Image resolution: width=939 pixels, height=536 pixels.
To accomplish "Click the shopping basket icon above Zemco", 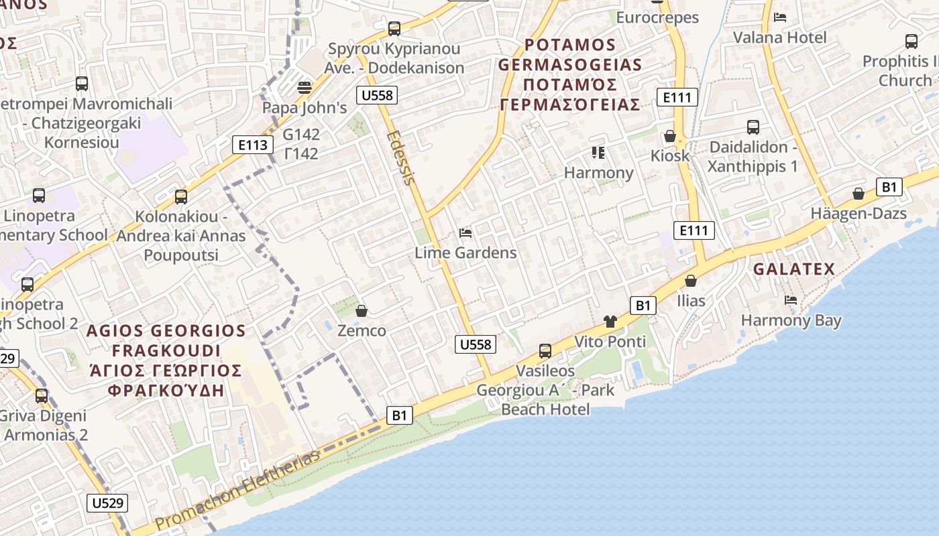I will [x=362, y=311].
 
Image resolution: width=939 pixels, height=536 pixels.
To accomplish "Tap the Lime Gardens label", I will [x=465, y=253].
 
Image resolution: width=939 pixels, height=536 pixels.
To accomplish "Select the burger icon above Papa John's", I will [x=305, y=88].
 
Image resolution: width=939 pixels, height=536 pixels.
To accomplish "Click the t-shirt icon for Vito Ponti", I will [x=610, y=322].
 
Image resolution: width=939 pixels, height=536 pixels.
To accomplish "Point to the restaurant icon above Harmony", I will [x=598, y=153].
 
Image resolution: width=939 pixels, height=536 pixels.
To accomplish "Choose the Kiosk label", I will [x=669, y=155].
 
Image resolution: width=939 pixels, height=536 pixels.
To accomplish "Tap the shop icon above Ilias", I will [x=691, y=281].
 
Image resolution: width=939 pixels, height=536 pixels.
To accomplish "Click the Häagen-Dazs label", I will [x=859, y=214].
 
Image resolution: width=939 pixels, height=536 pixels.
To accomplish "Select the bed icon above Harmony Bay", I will [x=791, y=300].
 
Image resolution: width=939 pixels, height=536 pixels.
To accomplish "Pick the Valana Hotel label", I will [x=779, y=37].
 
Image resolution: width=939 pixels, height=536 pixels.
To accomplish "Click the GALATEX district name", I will [x=794, y=269].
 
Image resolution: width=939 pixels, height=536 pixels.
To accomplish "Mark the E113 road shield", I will [x=254, y=145].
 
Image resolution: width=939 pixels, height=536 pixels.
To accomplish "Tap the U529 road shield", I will [x=107, y=503].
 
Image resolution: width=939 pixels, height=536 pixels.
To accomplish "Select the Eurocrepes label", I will [x=657, y=17].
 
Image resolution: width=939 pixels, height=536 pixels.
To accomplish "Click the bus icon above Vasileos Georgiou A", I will [x=545, y=351].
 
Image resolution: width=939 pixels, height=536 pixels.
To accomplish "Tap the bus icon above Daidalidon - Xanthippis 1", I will [x=753, y=127].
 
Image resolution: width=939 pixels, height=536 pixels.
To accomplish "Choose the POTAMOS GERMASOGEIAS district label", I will [x=570, y=74].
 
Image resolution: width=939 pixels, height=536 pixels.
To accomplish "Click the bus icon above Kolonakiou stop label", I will [x=181, y=197].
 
